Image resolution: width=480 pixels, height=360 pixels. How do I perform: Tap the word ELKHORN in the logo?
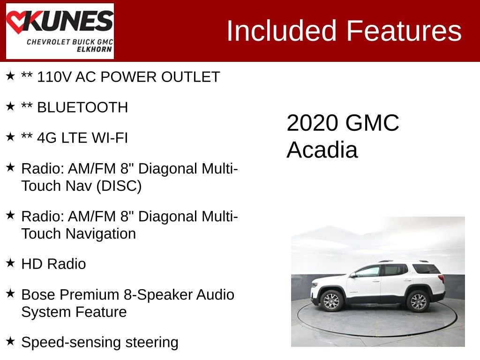click(x=94, y=50)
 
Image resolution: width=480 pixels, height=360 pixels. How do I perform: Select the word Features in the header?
click(x=404, y=31)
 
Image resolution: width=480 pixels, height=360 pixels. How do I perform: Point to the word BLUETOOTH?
click(x=82, y=107)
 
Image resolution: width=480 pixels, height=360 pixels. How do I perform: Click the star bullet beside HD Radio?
click(x=10, y=263)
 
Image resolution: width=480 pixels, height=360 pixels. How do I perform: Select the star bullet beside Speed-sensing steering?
click(x=10, y=341)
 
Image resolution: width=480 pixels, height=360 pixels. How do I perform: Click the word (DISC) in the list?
click(x=119, y=186)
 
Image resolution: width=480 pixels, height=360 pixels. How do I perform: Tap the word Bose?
click(x=38, y=295)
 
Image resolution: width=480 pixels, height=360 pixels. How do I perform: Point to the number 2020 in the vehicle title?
click(x=312, y=123)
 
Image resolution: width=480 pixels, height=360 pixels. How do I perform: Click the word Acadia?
click(x=322, y=150)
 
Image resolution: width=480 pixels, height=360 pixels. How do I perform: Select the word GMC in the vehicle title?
click(x=372, y=123)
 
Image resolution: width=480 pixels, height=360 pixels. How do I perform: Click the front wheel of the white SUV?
click(x=331, y=301)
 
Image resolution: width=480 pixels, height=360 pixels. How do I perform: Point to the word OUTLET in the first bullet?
click(x=191, y=77)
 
